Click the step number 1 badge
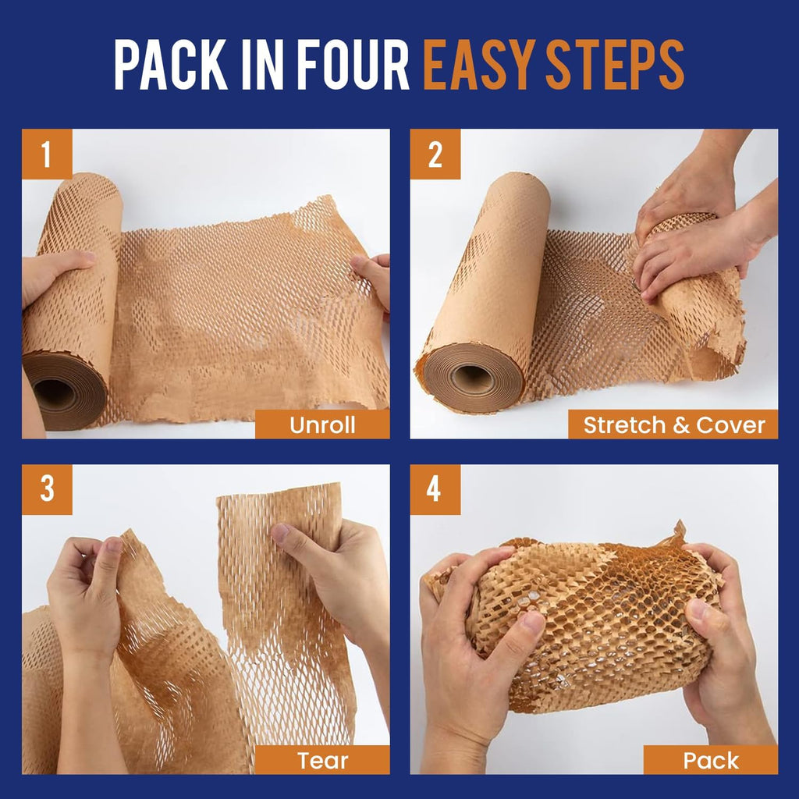coord(47,154)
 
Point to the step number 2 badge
coord(435,154)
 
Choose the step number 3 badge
coord(47,490)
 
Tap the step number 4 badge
coord(435,490)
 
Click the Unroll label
coord(322,424)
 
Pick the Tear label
coord(322,760)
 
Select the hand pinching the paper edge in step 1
coord(372,277)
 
